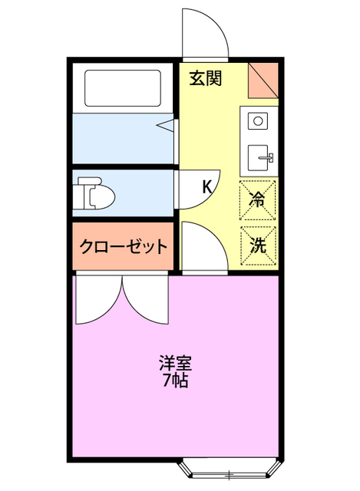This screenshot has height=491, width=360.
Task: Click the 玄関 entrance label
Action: [206, 78]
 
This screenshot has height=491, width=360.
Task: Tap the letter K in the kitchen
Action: [206, 186]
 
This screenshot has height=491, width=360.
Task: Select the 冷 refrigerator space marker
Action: [258, 198]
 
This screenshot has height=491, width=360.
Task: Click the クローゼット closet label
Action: [124, 247]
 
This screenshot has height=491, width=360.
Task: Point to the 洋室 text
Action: [175, 361]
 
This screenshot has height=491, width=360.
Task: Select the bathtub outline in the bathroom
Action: [123, 89]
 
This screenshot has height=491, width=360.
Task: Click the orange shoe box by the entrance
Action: [263, 79]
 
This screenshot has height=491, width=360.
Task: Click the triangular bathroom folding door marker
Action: [165, 125]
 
